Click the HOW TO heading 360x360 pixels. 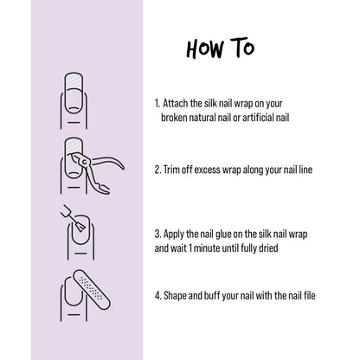[x=221, y=47]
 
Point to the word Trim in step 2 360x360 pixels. [x=174, y=170]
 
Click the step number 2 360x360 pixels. [x=157, y=170]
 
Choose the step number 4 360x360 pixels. [x=157, y=294]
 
